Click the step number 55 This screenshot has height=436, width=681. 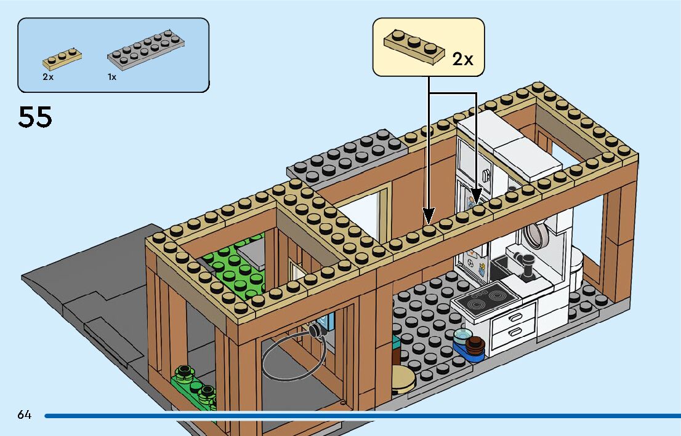(x=35, y=117)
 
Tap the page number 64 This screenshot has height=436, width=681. (x=25, y=414)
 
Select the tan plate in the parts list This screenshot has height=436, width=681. (x=62, y=58)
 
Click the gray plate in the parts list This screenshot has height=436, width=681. (x=146, y=51)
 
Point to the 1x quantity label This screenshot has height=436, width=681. (x=112, y=77)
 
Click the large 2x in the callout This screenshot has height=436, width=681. (x=462, y=59)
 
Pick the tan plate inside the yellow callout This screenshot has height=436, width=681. (x=414, y=47)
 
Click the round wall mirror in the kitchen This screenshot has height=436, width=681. (x=538, y=234)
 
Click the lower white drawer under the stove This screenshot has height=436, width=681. (x=512, y=335)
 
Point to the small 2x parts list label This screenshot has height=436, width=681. (x=48, y=77)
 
